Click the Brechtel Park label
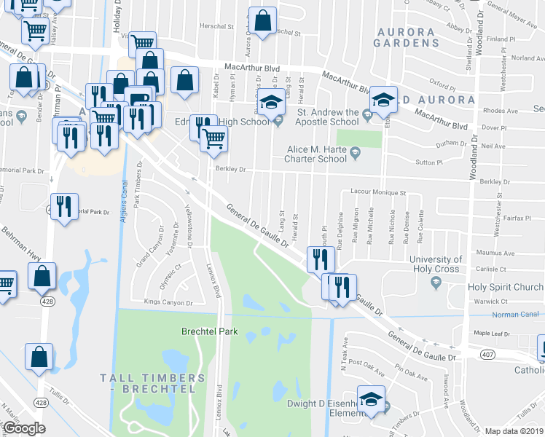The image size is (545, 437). pos(210,331)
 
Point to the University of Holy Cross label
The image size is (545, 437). pos(435,264)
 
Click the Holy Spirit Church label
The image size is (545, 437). pos(506,287)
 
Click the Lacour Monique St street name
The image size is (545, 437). pos(377,193)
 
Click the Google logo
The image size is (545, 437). pos(25,428)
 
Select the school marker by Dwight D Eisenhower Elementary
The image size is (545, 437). pos(372,399)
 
